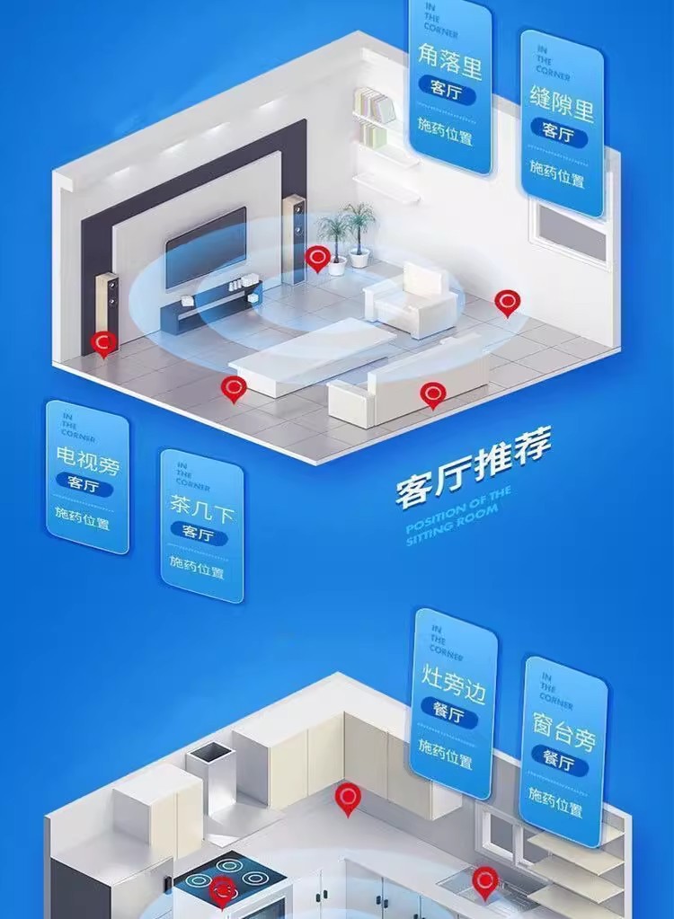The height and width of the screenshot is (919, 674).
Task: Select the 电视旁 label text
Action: coord(87,464)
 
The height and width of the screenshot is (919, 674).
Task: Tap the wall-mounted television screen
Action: coord(206,246)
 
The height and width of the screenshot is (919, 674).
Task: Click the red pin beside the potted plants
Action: coord(316,259)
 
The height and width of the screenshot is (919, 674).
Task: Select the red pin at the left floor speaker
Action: coord(104,342)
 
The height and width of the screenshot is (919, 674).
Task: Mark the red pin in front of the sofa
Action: coord(433,393)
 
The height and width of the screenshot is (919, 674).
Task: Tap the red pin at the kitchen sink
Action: coord(485,881)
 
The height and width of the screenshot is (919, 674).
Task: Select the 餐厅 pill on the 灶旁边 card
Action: coord(453,716)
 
